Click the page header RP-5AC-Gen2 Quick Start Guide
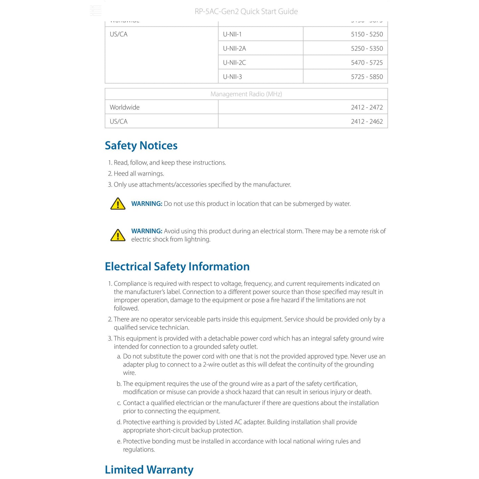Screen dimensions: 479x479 click(x=246, y=12)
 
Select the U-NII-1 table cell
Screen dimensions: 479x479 click(x=232, y=34)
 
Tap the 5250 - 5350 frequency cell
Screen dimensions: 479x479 click(x=367, y=48)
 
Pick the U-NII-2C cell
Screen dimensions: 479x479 click(x=234, y=63)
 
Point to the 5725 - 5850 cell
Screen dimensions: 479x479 click(x=367, y=77)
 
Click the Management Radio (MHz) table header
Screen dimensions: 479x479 click(x=246, y=94)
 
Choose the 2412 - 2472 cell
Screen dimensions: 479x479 click(x=367, y=107)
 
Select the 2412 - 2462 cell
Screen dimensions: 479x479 click(x=367, y=122)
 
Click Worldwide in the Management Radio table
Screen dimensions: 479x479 click(x=125, y=107)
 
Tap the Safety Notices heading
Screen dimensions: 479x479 click(x=141, y=146)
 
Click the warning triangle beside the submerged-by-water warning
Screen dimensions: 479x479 click(x=118, y=204)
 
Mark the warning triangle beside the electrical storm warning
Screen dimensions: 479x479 click(x=118, y=235)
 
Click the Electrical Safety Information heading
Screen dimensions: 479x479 click(x=177, y=267)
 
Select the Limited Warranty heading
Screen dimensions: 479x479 click(x=149, y=470)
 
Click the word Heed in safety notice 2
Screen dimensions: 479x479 click(x=121, y=174)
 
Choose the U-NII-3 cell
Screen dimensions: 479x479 click(x=232, y=77)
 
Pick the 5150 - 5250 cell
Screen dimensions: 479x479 click(x=367, y=34)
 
